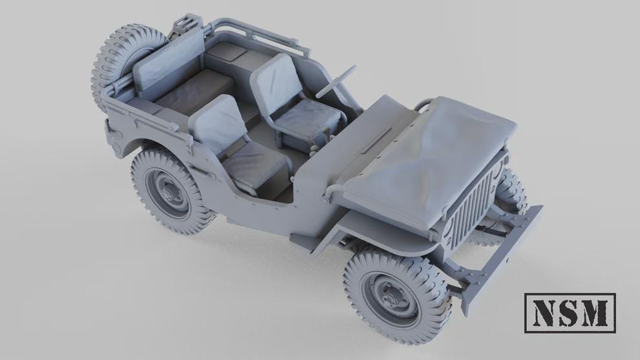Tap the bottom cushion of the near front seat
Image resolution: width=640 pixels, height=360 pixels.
click(x=255, y=165)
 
